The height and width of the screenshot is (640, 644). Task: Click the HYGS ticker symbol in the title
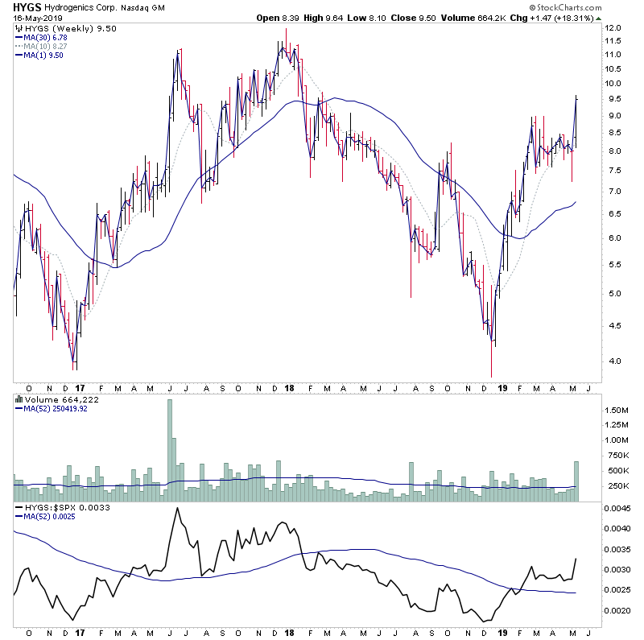(x=27, y=7)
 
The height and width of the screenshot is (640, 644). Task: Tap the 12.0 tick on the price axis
(x=613, y=28)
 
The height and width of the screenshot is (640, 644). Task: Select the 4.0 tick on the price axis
(x=612, y=361)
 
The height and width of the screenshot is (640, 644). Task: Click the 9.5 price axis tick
(x=613, y=99)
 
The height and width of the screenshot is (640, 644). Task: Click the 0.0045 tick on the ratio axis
(x=618, y=508)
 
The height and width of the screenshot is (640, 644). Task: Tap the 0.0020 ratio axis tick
(x=618, y=610)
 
